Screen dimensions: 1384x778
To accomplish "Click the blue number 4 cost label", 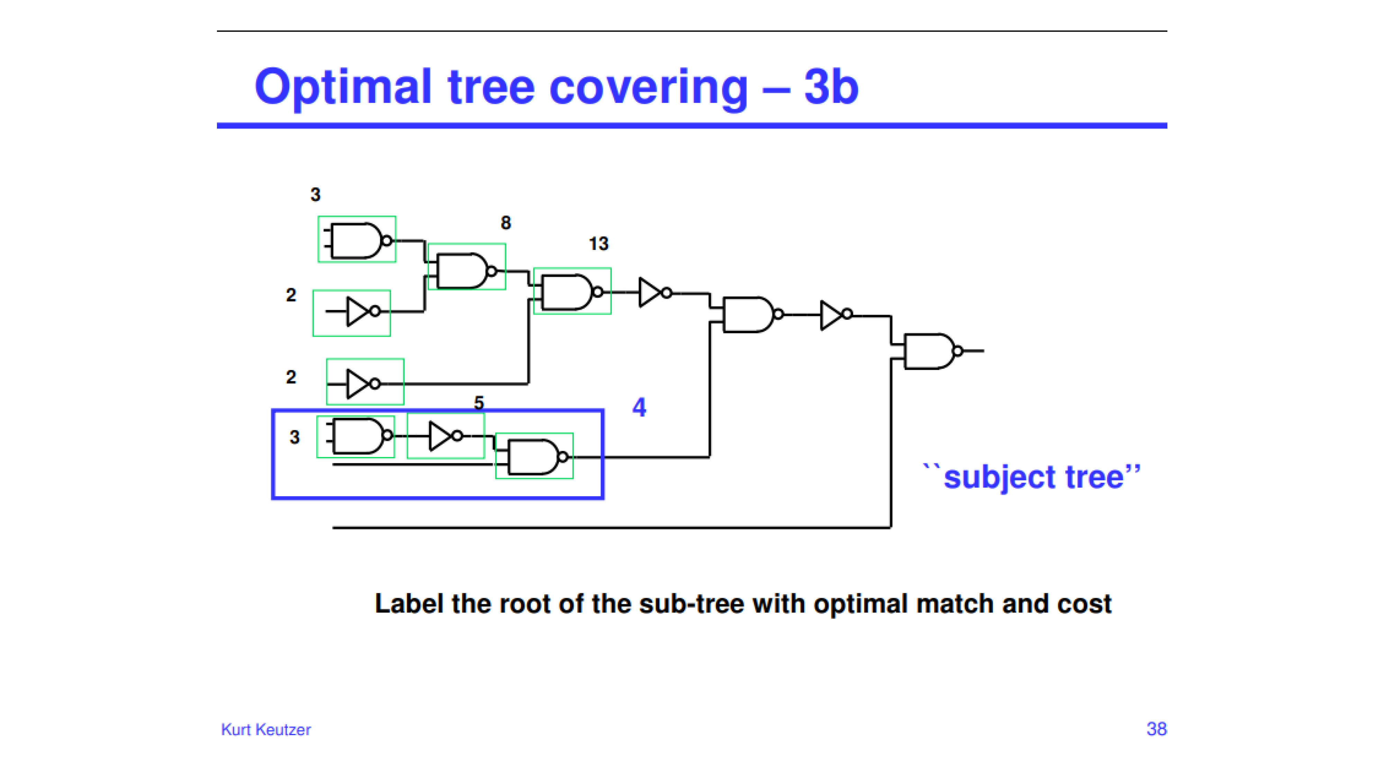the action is (639, 407).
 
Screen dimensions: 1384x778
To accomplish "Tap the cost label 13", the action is (599, 244).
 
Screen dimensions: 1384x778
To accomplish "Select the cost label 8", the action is (506, 223).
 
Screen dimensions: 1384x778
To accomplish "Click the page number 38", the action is (1156, 729).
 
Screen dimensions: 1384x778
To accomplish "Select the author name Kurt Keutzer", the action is (266, 729).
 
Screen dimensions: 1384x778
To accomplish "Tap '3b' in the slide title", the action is (831, 86).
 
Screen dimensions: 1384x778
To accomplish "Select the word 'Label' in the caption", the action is (409, 603).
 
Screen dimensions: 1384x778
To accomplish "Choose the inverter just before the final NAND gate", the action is (836, 315).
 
